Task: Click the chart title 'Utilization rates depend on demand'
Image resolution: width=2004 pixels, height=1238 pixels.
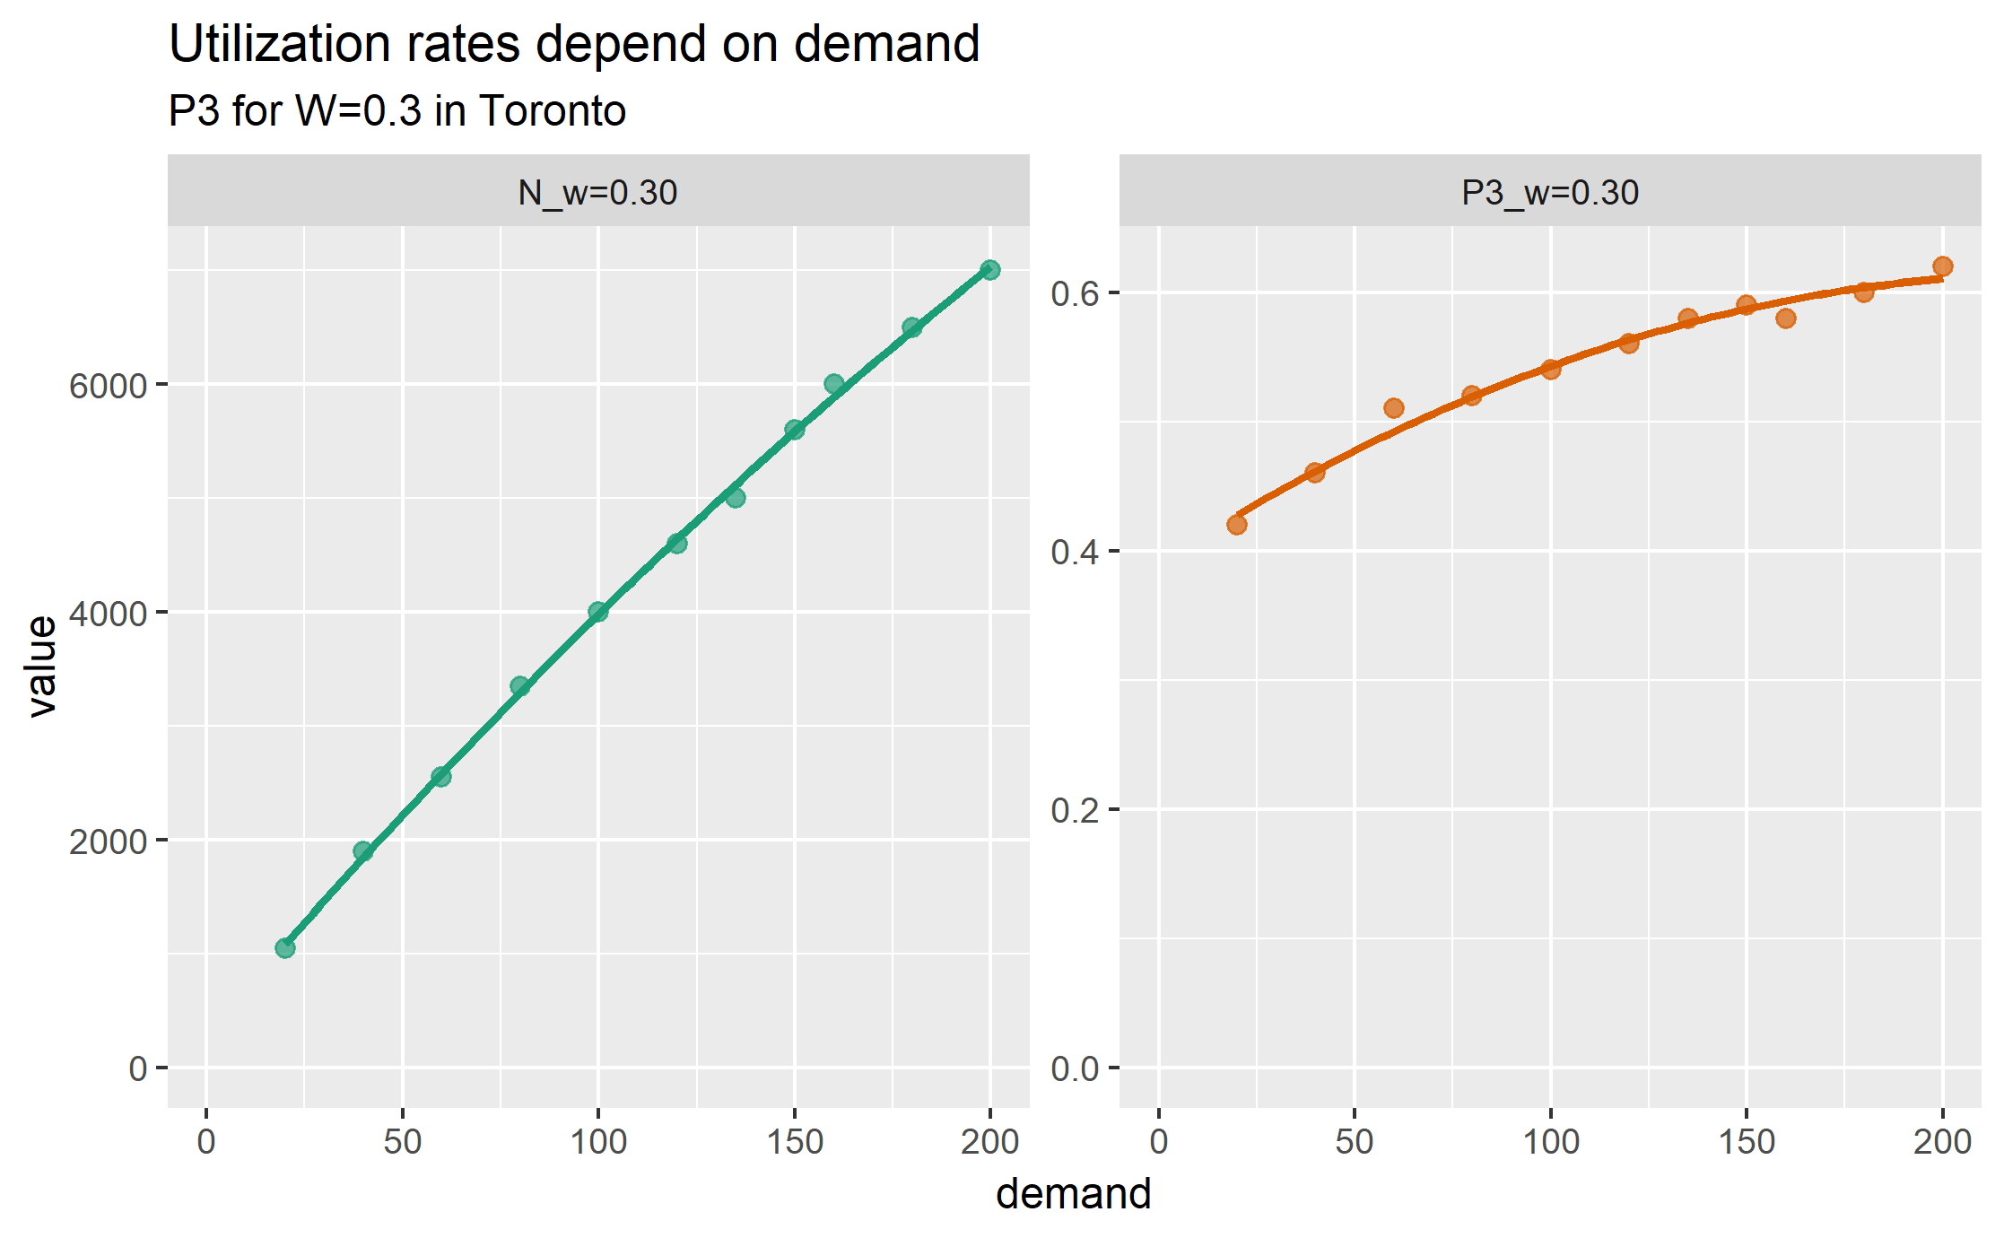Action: (574, 44)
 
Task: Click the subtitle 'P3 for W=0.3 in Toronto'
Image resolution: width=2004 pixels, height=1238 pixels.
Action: (397, 111)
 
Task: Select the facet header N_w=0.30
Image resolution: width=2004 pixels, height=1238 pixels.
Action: (597, 193)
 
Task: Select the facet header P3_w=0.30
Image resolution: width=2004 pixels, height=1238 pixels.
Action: (1550, 193)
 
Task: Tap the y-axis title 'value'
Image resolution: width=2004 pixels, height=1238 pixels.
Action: (41, 666)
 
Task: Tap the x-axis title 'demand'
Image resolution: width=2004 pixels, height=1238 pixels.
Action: (1074, 1194)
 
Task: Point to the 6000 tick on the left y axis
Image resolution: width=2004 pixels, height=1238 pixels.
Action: (108, 386)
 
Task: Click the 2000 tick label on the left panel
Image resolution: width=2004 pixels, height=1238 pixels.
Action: (108, 841)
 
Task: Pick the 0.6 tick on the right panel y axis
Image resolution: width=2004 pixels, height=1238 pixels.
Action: (1075, 293)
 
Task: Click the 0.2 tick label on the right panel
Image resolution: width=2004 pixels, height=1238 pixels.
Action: (1075, 810)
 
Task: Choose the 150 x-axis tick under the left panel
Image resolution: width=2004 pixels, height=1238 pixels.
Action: (795, 1142)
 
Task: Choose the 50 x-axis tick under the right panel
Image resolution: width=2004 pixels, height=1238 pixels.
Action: (1355, 1142)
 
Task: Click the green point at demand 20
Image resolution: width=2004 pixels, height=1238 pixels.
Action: (285, 948)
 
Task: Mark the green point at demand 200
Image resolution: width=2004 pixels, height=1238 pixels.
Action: (990, 270)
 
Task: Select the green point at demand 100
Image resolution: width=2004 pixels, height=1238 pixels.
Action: (598, 612)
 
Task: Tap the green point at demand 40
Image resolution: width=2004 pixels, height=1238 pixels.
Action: (363, 851)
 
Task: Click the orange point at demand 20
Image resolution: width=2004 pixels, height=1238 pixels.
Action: (1237, 525)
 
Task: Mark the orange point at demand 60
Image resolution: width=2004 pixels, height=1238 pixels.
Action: (1394, 408)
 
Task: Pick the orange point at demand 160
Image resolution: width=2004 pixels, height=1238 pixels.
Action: (1786, 318)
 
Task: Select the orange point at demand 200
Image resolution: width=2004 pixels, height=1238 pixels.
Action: (1943, 266)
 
